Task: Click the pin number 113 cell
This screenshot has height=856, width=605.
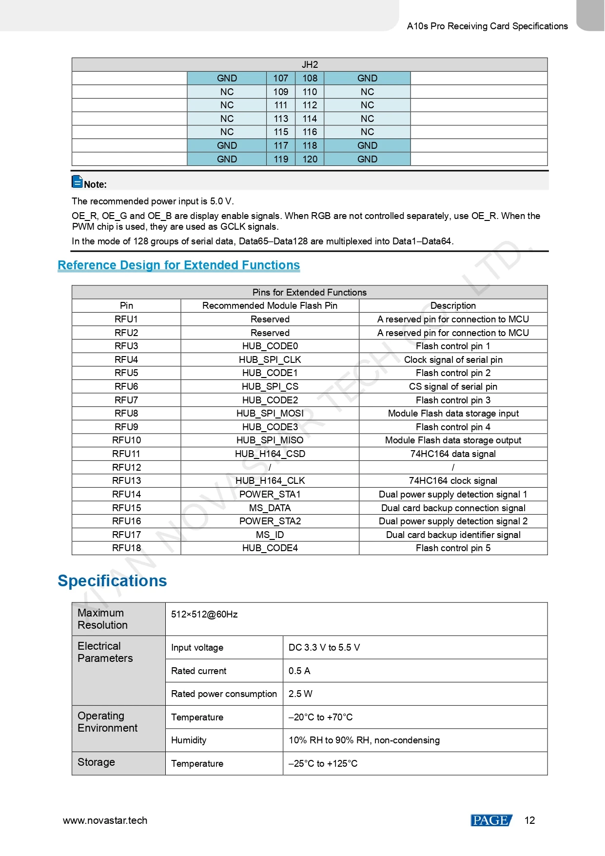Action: (x=281, y=119)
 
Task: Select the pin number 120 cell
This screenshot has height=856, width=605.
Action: (x=310, y=159)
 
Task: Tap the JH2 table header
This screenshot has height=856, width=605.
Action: (x=310, y=64)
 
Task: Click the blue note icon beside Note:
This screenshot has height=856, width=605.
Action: (x=77, y=181)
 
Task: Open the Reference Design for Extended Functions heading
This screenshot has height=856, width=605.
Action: (x=178, y=265)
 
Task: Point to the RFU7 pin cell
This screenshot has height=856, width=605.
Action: (x=126, y=400)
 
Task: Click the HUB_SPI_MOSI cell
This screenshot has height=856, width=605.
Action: (x=270, y=413)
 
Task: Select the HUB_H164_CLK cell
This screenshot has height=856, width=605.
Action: (x=270, y=480)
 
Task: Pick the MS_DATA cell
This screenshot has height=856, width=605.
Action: (x=270, y=508)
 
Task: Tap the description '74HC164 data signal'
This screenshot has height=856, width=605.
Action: (x=453, y=454)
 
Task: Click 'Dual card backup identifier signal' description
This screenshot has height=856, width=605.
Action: (x=453, y=535)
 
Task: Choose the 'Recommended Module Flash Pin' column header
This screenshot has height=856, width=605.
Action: (x=270, y=305)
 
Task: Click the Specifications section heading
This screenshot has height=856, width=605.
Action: (x=112, y=581)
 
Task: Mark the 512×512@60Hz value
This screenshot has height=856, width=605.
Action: (x=204, y=614)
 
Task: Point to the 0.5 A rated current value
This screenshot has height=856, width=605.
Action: (x=299, y=671)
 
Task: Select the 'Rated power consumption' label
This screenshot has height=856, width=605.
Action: (x=224, y=694)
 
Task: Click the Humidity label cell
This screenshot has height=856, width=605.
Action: (x=189, y=740)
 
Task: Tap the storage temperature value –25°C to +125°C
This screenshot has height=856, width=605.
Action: (x=323, y=763)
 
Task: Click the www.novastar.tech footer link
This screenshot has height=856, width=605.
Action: (x=105, y=820)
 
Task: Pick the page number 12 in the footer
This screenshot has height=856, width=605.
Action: (x=529, y=820)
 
